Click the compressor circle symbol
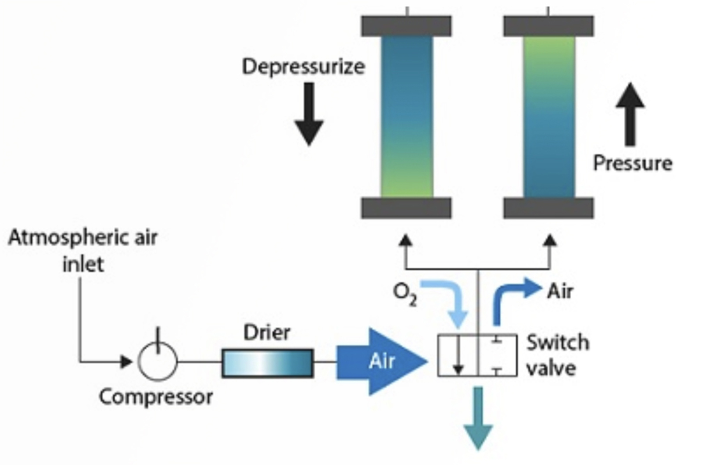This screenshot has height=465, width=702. tap(158, 361)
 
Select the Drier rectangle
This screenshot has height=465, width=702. tap(267, 363)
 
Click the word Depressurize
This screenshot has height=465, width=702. tap(303, 67)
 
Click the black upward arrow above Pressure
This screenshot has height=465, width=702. tap(630, 114)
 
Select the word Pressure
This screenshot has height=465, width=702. tap(632, 163)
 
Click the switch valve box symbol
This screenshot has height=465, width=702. tap(477, 355)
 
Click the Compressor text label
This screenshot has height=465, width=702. tap(156, 397)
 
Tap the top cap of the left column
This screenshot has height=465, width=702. tap(406, 26)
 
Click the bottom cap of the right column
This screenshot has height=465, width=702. tap(548, 208)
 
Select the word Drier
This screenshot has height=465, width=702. tap(267, 333)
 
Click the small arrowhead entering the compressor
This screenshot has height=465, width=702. tap(126, 362)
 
